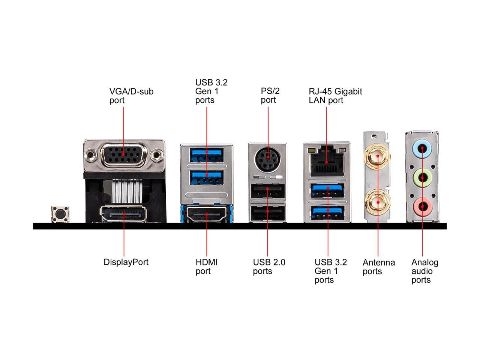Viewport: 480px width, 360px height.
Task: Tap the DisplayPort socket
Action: pos(123,214)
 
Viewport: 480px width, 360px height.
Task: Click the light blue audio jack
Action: pos(422,148)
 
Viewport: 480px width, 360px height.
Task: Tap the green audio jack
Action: pos(422,177)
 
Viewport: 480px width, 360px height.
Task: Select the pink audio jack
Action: pos(422,206)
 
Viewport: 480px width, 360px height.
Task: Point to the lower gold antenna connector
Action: pos(378,202)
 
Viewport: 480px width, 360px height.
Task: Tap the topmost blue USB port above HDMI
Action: pos(207,153)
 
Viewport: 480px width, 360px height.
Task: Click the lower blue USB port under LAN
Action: pos(328,211)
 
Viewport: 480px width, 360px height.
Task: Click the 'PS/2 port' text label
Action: pos(270,95)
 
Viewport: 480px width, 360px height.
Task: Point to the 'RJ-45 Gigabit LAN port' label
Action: pos(335,96)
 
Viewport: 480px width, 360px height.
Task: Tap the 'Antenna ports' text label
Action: pos(378,267)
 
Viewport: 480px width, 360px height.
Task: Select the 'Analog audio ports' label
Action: pos(424,271)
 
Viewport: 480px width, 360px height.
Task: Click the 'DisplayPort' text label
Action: pos(126,262)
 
